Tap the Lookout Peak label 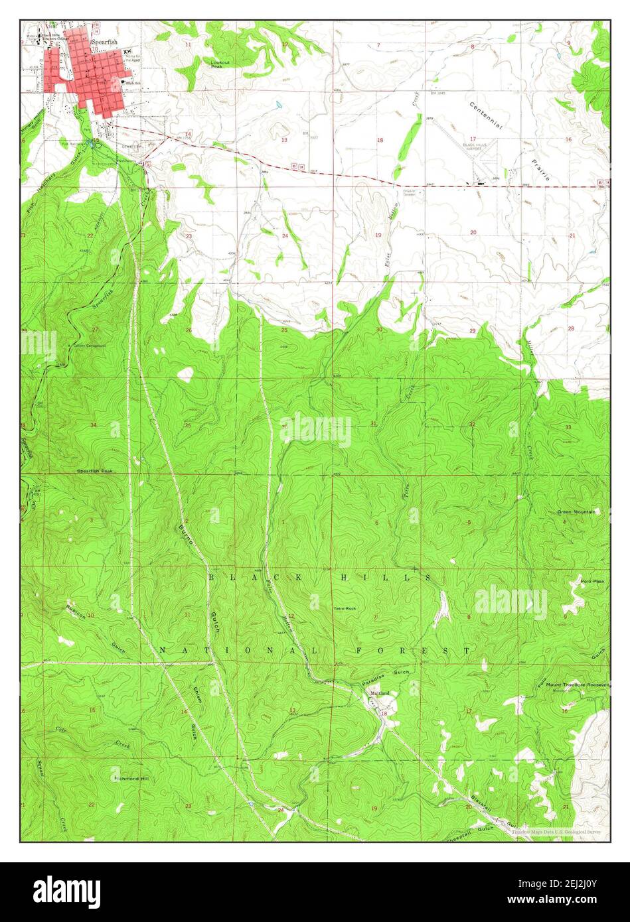(x=220, y=64)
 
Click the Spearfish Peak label (x=95, y=471)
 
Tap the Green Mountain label (x=576, y=511)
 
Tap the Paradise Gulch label (x=386, y=677)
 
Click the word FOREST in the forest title (x=413, y=651)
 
